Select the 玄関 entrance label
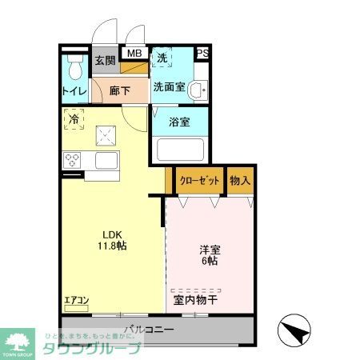click(104, 59)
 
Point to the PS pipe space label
click(202, 54)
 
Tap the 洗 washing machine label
click(162, 58)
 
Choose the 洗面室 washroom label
click(170, 86)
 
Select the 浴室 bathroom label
click(179, 122)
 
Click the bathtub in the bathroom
click(179, 150)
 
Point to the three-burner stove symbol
click(74, 158)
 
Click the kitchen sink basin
click(106, 160)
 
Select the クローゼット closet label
click(199, 180)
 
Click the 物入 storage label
click(240, 180)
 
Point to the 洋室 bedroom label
click(210, 249)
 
